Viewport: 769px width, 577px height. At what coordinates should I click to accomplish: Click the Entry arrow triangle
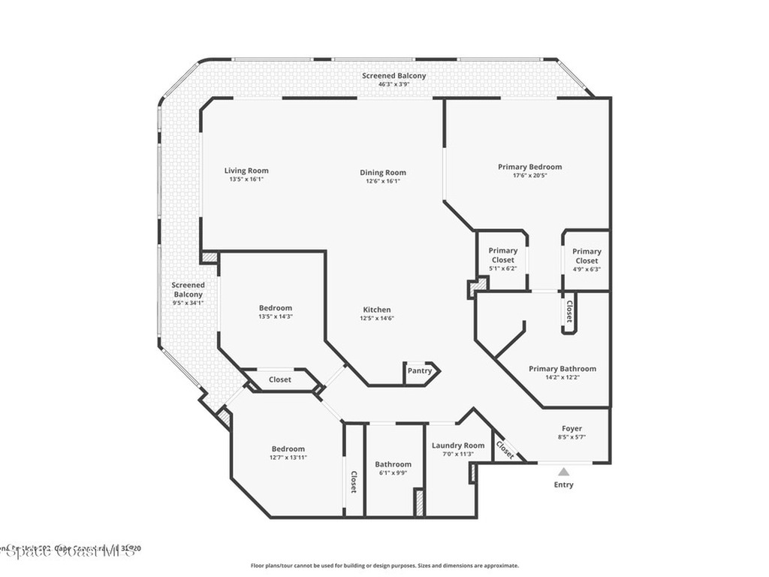(563, 472)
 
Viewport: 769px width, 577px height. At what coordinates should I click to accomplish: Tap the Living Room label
(246, 171)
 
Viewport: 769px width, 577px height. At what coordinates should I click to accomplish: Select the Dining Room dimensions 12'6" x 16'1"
(383, 181)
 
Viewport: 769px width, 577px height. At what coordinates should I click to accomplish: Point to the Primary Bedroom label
(529, 167)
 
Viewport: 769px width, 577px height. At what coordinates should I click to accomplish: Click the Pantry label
(420, 370)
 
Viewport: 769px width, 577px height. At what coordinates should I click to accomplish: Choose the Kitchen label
(377, 310)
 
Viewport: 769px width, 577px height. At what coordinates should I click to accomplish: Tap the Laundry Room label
(458, 446)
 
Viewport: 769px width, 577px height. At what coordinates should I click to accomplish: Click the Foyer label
(572, 428)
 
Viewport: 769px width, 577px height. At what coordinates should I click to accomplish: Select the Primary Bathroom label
(562, 368)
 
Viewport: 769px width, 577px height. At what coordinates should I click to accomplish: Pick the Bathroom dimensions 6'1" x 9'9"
(393, 473)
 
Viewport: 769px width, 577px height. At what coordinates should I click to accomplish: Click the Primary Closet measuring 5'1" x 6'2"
(503, 259)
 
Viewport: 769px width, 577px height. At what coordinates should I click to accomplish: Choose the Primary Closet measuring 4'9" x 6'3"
(587, 260)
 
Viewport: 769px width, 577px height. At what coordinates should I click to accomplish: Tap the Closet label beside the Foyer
(505, 449)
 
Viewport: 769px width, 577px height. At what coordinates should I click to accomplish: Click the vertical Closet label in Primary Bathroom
(569, 311)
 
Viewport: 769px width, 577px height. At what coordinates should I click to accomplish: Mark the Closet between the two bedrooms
(280, 379)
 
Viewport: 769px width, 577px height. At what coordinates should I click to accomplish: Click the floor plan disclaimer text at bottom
(384, 566)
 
